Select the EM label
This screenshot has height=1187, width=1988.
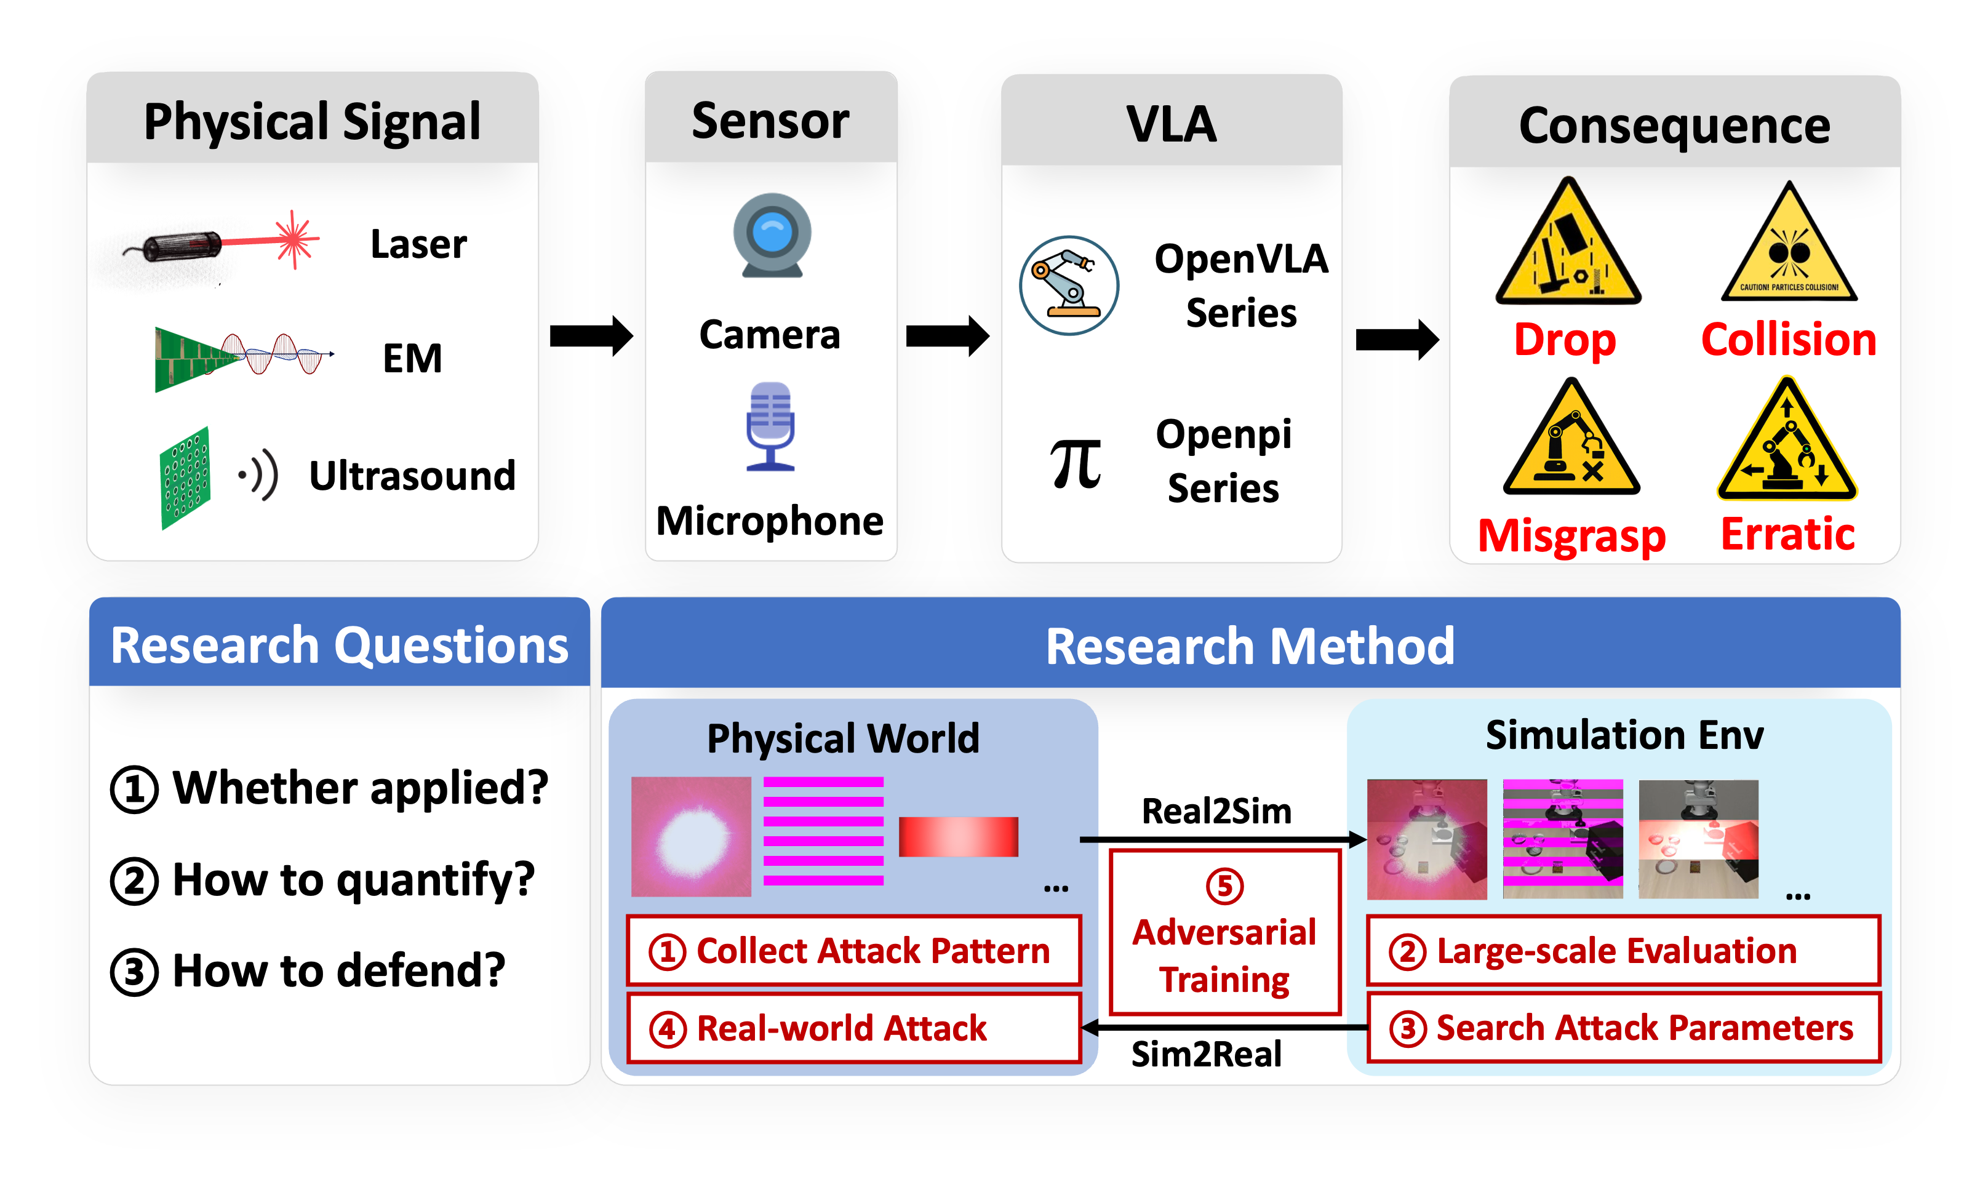412,358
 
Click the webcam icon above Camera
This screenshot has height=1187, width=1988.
772,235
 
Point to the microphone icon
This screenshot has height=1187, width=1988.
770,426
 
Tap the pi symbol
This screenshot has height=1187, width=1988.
1076,463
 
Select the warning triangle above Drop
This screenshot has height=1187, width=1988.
1568,244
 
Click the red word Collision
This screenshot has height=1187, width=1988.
1788,340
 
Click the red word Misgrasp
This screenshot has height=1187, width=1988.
1571,535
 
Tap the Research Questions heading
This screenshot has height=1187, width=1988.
339,645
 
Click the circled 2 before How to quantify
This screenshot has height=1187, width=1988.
134,881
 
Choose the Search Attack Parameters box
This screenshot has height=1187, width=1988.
1623,1028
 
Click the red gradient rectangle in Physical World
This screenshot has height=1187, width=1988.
958,837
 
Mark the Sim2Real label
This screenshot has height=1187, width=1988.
1206,1054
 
